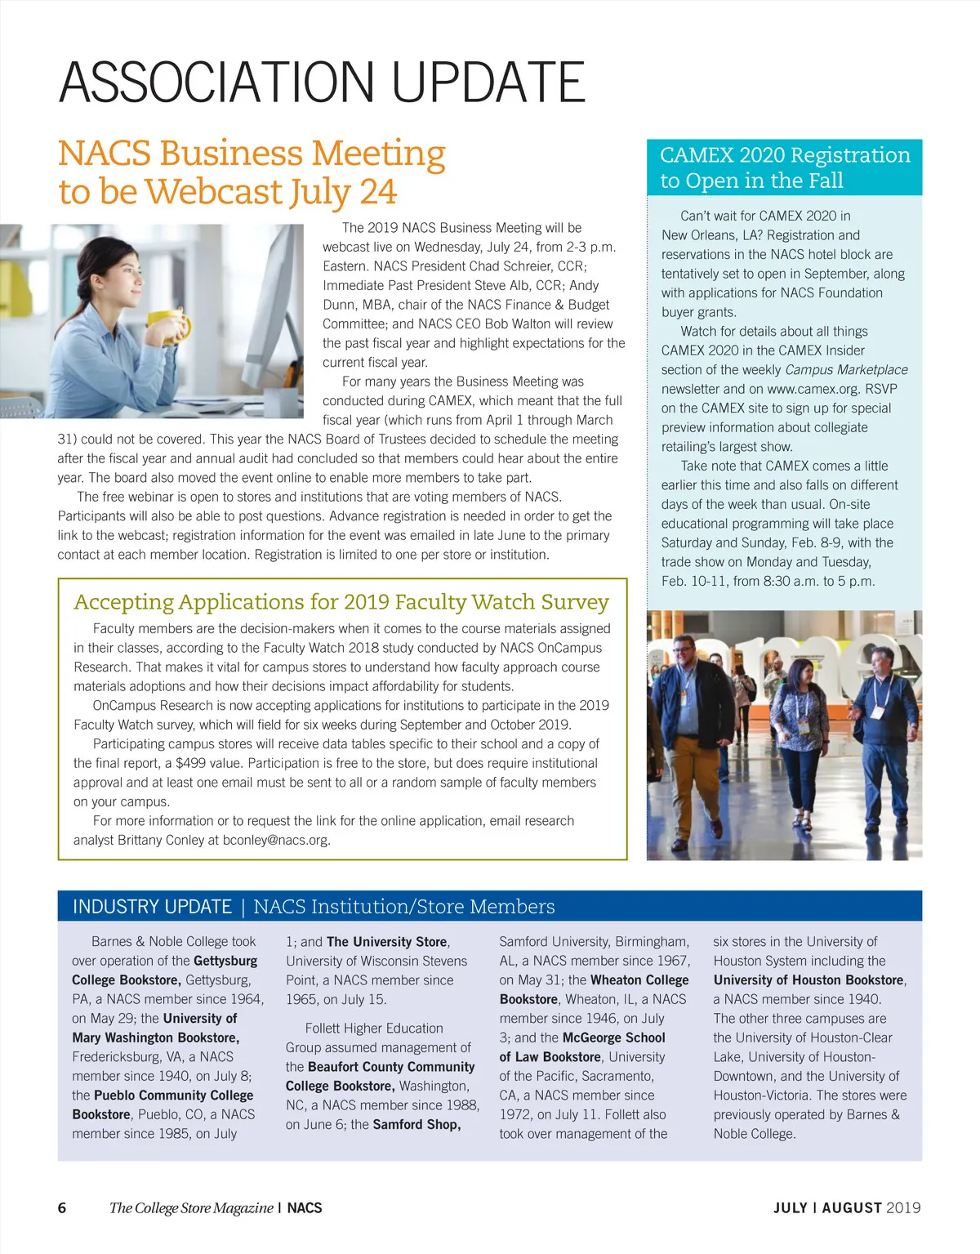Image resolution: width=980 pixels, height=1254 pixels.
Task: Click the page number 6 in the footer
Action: [x=62, y=1207]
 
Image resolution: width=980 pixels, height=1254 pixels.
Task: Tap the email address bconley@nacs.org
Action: [x=276, y=840]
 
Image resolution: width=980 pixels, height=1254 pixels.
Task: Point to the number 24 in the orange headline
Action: [x=378, y=192]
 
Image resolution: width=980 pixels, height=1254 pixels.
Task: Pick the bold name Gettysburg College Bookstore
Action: [x=163, y=971]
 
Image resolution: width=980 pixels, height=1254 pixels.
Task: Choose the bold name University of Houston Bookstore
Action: [x=808, y=980]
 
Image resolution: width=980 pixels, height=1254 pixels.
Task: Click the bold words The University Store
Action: [x=386, y=942]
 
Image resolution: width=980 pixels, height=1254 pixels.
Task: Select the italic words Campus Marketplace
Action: [x=846, y=370]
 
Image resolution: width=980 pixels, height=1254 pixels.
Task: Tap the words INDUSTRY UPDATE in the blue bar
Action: [x=152, y=907]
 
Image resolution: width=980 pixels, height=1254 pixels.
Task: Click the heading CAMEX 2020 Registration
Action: [x=784, y=155]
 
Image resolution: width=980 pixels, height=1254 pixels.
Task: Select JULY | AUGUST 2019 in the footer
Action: [x=847, y=1207]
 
